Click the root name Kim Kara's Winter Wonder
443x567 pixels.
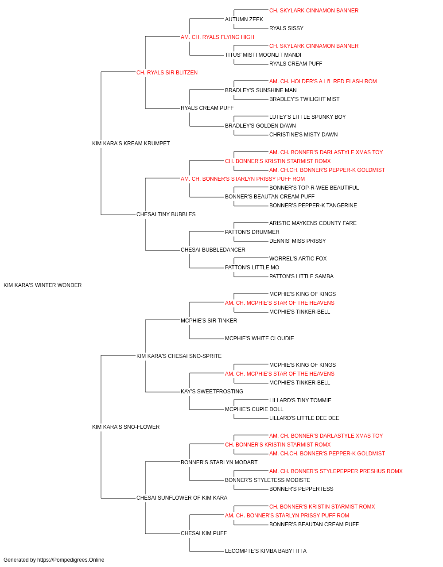43,285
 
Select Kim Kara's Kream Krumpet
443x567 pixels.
131,143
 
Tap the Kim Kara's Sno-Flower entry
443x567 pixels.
126,427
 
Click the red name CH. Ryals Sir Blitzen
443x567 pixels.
167,73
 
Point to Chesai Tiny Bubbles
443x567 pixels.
166,214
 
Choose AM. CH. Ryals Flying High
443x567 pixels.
218,37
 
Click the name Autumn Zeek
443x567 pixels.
244,19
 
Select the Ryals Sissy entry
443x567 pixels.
286,28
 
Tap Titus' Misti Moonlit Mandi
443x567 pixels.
263,55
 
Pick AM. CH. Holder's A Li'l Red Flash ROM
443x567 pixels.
323,82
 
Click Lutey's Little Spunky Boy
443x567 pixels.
307,117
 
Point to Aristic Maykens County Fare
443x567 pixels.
313,223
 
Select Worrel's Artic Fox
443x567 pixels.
298,259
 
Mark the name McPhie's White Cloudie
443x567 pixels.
259,338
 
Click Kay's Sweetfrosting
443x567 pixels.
212,392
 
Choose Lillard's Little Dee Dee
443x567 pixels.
304,418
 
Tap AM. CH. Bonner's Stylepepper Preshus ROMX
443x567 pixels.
336,471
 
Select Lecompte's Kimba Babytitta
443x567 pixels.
266,551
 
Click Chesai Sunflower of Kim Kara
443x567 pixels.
182,498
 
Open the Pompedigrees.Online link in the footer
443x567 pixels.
71,560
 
